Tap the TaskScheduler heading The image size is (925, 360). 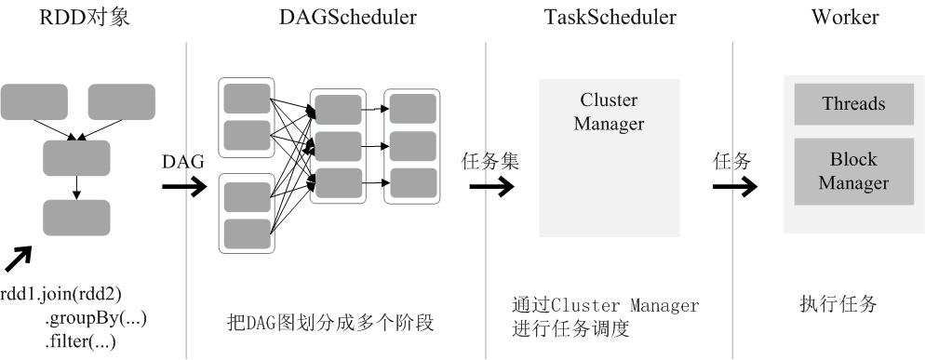(x=609, y=18)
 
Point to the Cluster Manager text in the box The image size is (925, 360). (x=609, y=111)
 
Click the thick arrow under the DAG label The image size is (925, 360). (x=184, y=186)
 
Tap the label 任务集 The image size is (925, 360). (x=490, y=160)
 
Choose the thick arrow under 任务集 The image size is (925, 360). (x=490, y=186)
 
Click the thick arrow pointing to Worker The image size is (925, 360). (x=735, y=186)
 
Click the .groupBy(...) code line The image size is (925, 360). (x=95, y=318)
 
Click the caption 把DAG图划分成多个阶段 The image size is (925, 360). (x=331, y=323)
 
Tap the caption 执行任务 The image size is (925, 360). (x=838, y=304)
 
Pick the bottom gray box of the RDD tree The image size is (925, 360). (x=76, y=217)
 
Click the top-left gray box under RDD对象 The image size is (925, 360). (x=34, y=100)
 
